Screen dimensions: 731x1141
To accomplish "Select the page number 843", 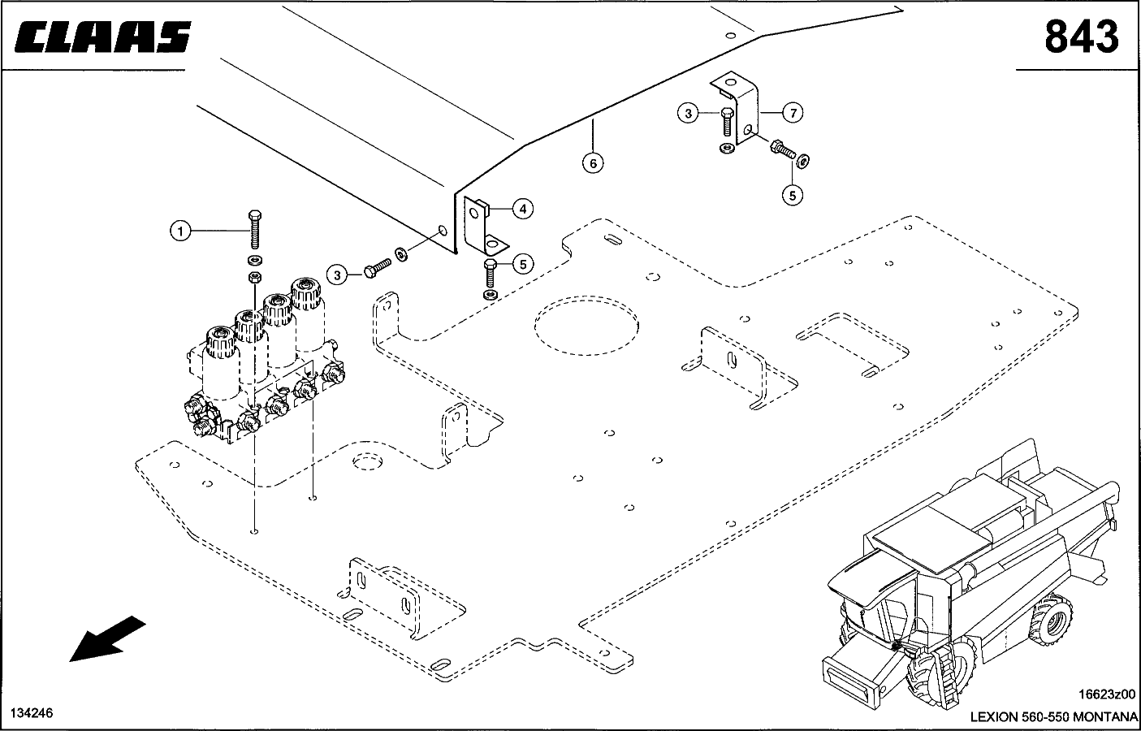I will click(1081, 37).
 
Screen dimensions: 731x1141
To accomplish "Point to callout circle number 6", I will click(593, 163).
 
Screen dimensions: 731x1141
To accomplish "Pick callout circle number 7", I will click(792, 114).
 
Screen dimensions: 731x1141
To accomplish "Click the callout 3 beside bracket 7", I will click(689, 114).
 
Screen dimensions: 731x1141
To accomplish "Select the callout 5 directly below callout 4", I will click(522, 264).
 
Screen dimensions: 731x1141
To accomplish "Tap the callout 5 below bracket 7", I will click(792, 194).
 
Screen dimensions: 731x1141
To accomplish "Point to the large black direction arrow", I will click(106, 638).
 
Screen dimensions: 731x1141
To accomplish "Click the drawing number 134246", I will click(32, 713).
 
